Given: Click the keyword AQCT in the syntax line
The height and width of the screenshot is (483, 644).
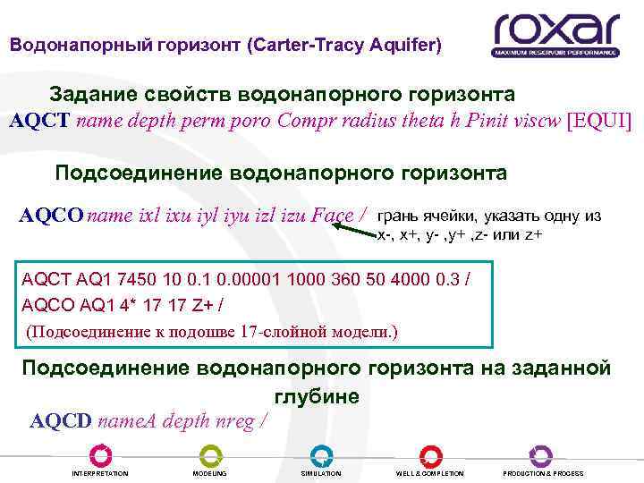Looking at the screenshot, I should [40, 122].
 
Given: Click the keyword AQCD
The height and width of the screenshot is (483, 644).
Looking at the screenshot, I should [61, 420].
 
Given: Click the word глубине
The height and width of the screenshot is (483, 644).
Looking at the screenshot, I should [313, 396].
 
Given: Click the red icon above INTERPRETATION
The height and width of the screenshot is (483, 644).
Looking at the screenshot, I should [100, 455].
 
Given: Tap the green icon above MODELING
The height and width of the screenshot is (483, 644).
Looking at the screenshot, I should [209, 455].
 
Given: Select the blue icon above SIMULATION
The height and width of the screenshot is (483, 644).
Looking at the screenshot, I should [320, 455].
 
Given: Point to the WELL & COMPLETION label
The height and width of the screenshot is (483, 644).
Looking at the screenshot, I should [430, 473].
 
